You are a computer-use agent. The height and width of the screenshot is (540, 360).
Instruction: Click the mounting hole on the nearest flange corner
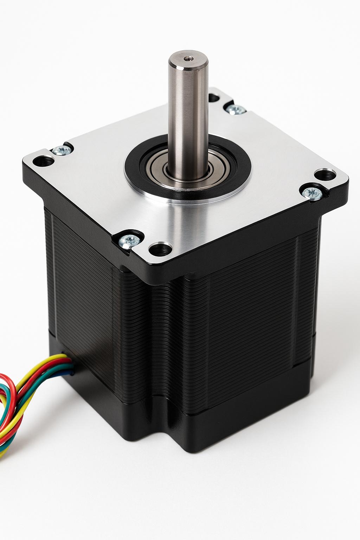pyautogui.click(x=160, y=249)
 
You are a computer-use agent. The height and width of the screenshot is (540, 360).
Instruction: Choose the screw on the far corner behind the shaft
pyautogui.click(x=236, y=109)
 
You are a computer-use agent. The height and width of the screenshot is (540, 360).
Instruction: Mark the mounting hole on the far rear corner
pyautogui.click(x=213, y=97)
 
